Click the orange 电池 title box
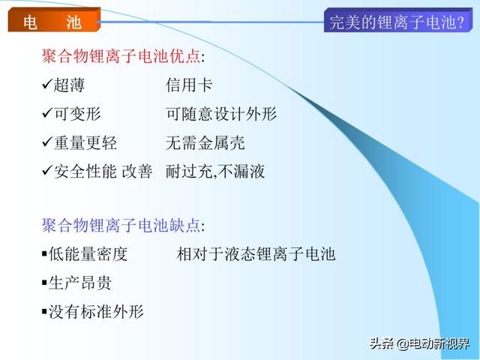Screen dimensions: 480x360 [x=54, y=20]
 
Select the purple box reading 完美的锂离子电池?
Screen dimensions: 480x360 [x=398, y=20]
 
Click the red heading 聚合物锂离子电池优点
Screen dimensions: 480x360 [x=121, y=56]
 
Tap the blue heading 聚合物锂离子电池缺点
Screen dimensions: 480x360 [x=121, y=225]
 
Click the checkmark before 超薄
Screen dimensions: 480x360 [x=47, y=84]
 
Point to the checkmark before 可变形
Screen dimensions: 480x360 [x=47, y=112]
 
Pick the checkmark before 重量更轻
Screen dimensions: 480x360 [x=47, y=142]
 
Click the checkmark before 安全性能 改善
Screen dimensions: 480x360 [x=47, y=170]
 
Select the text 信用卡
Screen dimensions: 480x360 [x=189, y=85]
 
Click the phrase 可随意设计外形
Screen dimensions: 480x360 [x=221, y=114]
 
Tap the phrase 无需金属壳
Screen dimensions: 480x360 [x=205, y=142]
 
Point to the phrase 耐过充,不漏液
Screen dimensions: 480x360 [x=215, y=171]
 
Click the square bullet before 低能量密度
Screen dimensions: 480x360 [x=44, y=253]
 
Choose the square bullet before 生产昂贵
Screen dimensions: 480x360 [x=44, y=282]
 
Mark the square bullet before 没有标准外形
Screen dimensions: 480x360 [x=44, y=311]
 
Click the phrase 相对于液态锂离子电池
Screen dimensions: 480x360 [x=256, y=254]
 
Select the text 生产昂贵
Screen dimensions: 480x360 [x=80, y=283]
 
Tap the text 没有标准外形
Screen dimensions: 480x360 [x=96, y=312]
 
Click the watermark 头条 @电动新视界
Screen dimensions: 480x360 [x=419, y=343]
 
